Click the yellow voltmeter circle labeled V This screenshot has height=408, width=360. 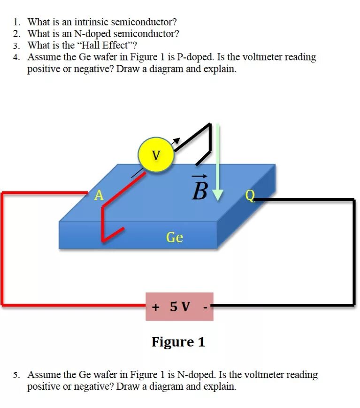pos(156,154)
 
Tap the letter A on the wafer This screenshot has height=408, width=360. pos(99,195)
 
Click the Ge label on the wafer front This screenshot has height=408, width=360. pos(174,238)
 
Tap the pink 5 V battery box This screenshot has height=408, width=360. pos(179,307)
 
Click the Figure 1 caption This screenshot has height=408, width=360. pos(178,342)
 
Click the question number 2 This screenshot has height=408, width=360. pos(16,34)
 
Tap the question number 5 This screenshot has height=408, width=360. pos(16,375)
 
